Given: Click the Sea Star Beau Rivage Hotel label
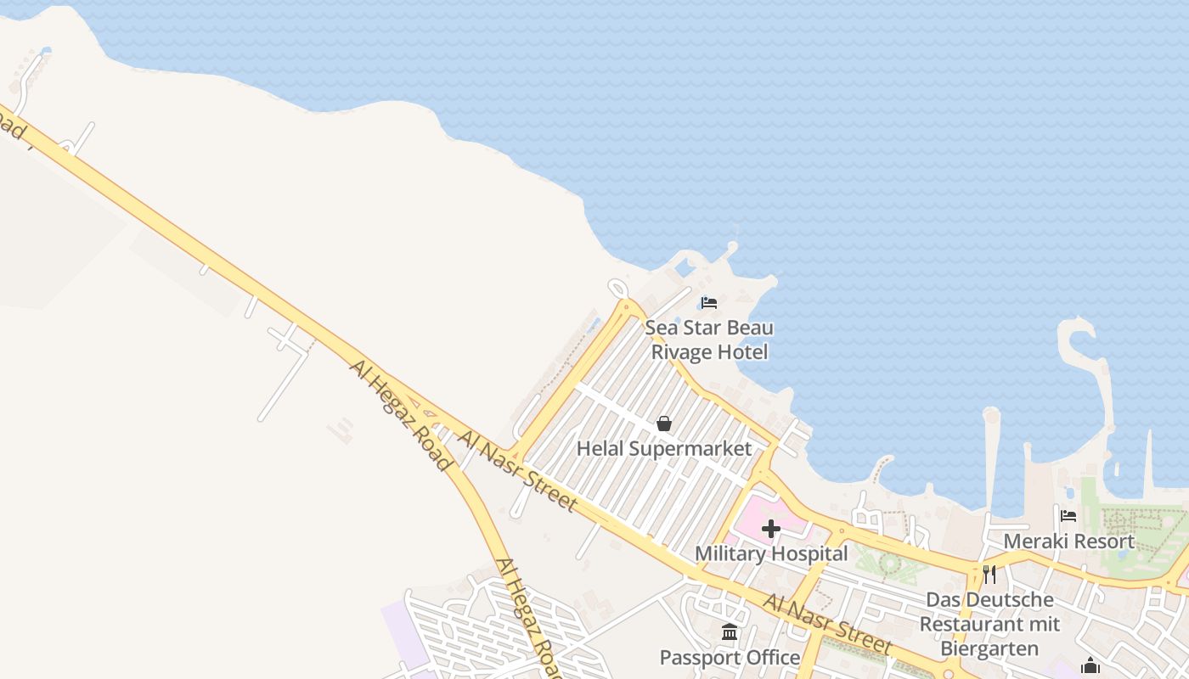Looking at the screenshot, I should [709, 339].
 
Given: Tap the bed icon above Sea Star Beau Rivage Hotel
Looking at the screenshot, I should [709, 303].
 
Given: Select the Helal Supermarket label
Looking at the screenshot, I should [664, 448].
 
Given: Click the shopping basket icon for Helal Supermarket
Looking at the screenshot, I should [664, 424].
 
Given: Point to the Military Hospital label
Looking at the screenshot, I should [771, 554].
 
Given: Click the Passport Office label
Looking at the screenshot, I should [730, 658].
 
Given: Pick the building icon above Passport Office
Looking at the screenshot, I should [730, 632].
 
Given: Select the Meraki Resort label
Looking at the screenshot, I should [1068, 541].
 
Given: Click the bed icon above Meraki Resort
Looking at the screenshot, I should [1068, 515].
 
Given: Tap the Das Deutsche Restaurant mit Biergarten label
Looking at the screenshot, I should [989, 624].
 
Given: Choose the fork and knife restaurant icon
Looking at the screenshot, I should [989, 575].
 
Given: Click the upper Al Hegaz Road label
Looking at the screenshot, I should [399, 414].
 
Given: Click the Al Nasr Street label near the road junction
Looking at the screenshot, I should [517, 471].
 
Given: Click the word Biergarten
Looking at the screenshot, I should [989, 649].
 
